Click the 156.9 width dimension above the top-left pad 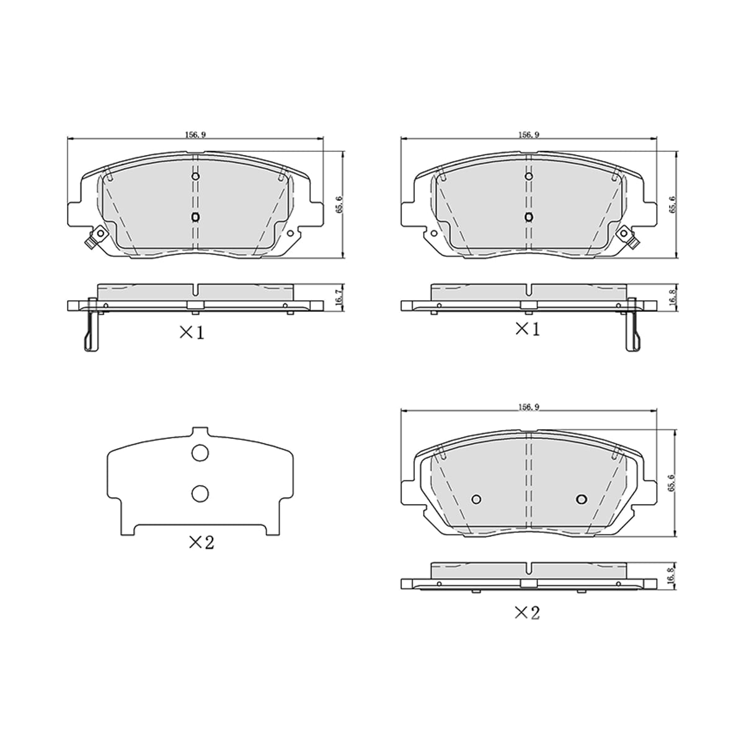coord(196,135)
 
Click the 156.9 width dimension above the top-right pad coord(529,135)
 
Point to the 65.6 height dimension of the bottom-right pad coord(672,482)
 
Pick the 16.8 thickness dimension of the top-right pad coord(672,298)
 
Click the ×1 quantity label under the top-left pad coord(192,332)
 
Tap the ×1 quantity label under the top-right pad coord(528,329)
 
